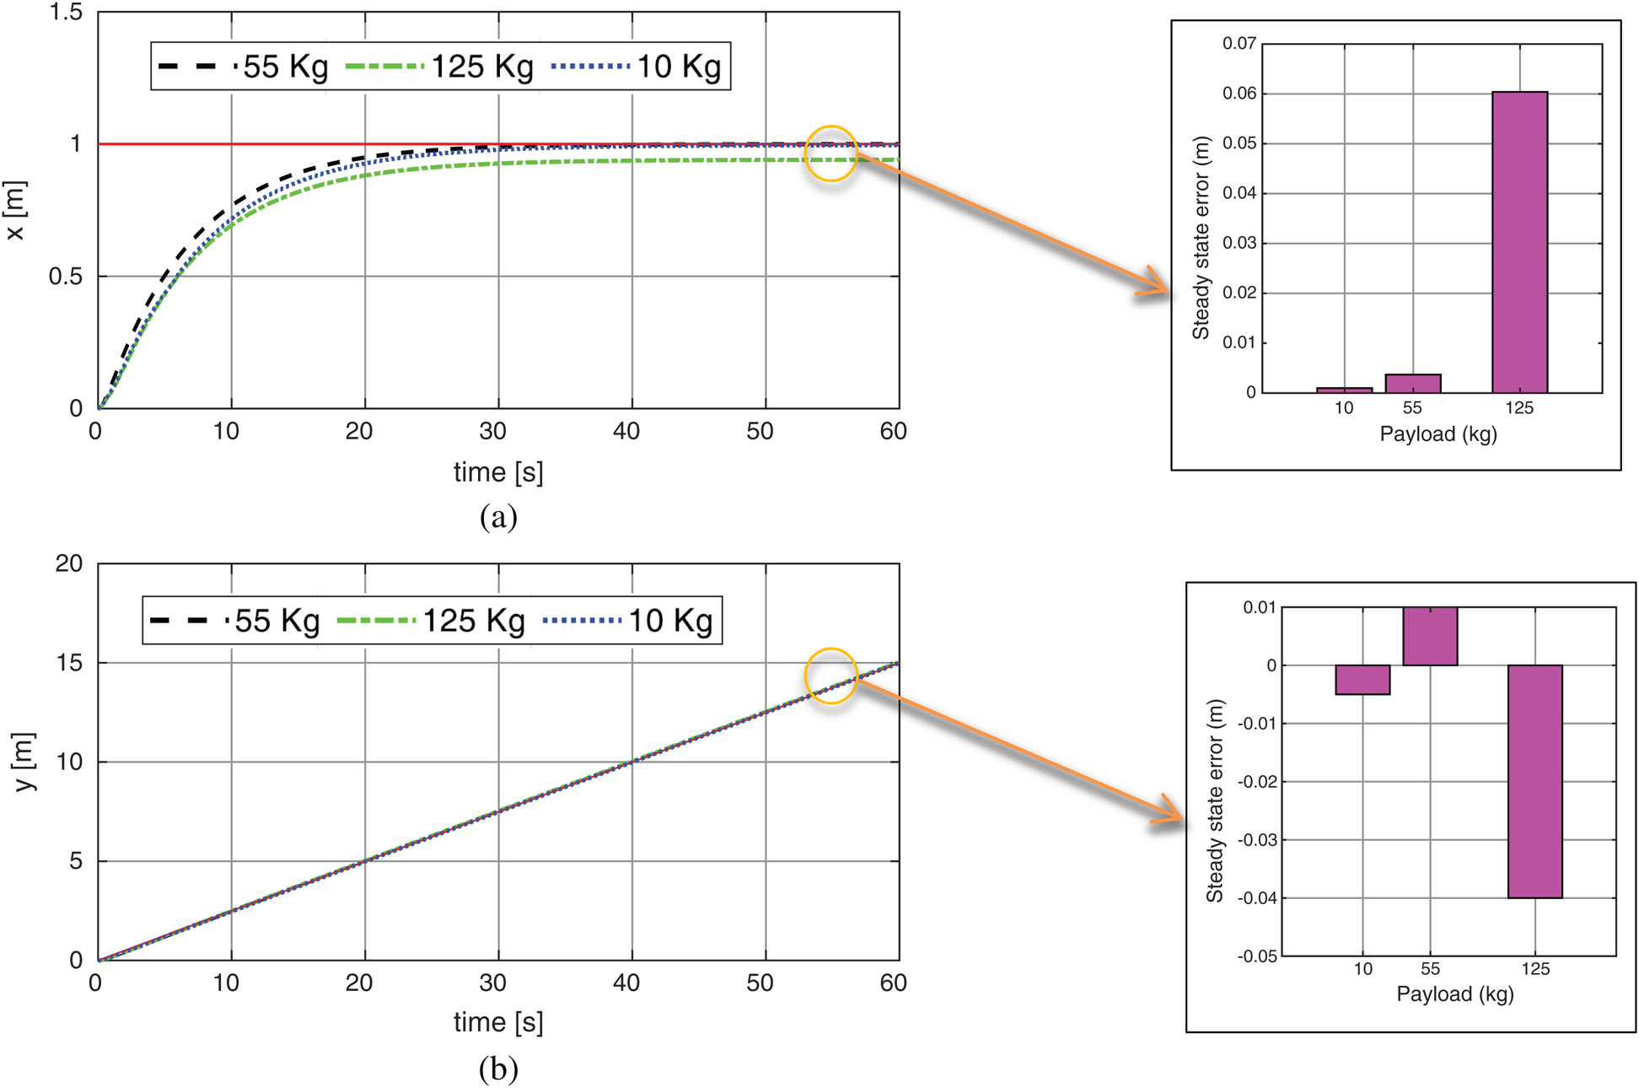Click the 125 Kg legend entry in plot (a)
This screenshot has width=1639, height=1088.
440,67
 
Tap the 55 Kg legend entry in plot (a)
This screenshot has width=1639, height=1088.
245,67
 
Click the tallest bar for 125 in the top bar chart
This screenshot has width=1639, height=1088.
1519,242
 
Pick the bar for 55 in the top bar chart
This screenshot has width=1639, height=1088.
1413,384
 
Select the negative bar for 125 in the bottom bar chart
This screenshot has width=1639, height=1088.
1534,781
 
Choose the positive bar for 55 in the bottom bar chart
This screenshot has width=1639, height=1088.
1430,636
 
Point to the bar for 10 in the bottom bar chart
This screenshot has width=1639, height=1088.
1362,680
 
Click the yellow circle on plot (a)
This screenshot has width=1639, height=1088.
830,154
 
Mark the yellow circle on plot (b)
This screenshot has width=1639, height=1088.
830,676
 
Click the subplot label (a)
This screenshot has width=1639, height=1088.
498,516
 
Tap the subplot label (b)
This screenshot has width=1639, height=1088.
498,1069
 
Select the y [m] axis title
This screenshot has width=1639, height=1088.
25,762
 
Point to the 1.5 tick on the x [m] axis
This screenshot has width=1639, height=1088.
66,13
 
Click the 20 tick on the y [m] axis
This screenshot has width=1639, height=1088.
69,563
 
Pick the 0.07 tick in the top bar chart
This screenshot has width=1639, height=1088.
1239,44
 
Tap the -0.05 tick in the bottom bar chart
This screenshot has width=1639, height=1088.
1256,956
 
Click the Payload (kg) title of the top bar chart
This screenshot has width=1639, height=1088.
1437,434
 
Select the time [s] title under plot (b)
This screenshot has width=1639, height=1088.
498,1022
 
